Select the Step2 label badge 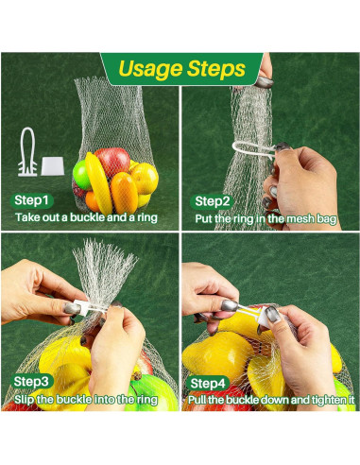[x=212, y=200]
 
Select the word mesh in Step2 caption [x=290, y=218]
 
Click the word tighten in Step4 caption [x=326, y=402]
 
